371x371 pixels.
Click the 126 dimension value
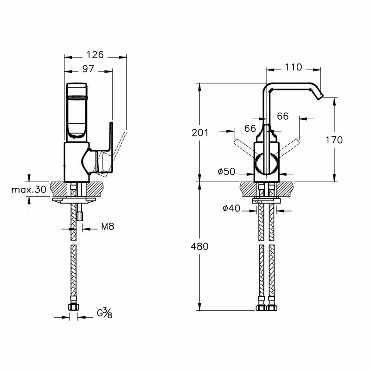[x=95, y=55]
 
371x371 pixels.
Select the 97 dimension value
[x=88, y=69]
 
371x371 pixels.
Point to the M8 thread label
[x=107, y=227]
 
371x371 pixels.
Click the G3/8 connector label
[x=104, y=313]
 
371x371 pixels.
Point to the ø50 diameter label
[x=226, y=172]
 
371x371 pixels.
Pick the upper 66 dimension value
[x=283, y=116]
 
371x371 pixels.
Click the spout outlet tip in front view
[x=319, y=96]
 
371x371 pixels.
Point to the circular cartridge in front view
[x=268, y=165]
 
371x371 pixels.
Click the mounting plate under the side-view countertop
[x=75, y=200]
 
